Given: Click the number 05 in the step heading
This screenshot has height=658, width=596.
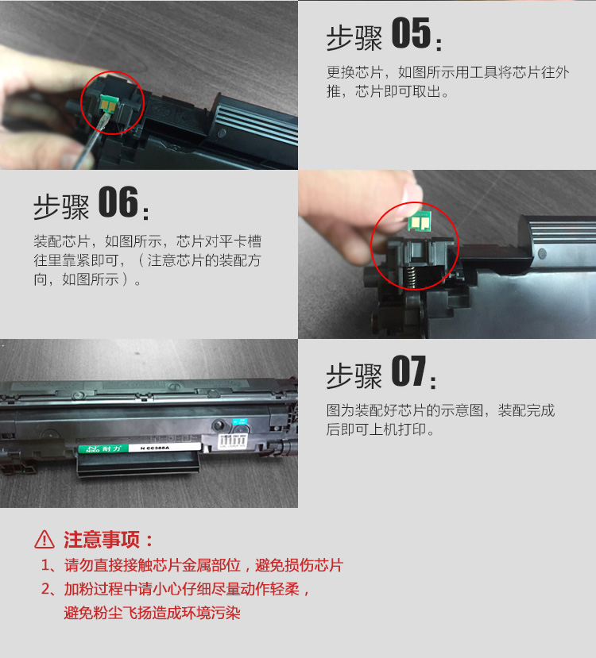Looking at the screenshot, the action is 411,33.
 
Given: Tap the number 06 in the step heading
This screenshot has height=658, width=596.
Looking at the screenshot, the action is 118,202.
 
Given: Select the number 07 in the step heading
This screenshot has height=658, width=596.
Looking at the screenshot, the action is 409,371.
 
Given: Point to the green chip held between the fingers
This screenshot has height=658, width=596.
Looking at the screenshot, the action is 420,221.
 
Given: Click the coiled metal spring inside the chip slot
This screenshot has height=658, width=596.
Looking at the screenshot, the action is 413,278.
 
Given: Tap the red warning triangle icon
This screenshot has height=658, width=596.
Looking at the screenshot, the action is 44,540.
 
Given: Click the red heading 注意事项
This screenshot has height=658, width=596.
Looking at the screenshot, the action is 101,540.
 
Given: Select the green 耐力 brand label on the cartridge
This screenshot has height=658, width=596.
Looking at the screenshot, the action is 104,448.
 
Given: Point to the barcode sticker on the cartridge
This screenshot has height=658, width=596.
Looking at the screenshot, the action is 232,441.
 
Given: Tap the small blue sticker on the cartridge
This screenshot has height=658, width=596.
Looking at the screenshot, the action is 239,421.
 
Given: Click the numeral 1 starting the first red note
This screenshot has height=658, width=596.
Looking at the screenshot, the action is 45,565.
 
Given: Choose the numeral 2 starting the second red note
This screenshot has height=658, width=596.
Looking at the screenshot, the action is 46,589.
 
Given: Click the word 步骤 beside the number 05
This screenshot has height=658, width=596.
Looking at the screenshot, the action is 354,39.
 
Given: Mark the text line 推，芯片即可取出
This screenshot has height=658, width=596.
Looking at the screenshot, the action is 388,91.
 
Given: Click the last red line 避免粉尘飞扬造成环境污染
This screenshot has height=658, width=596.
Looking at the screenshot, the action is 152,613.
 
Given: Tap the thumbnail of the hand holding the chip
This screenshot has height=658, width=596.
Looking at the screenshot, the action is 447,254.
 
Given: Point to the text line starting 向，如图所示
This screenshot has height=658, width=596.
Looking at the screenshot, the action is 87,279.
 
